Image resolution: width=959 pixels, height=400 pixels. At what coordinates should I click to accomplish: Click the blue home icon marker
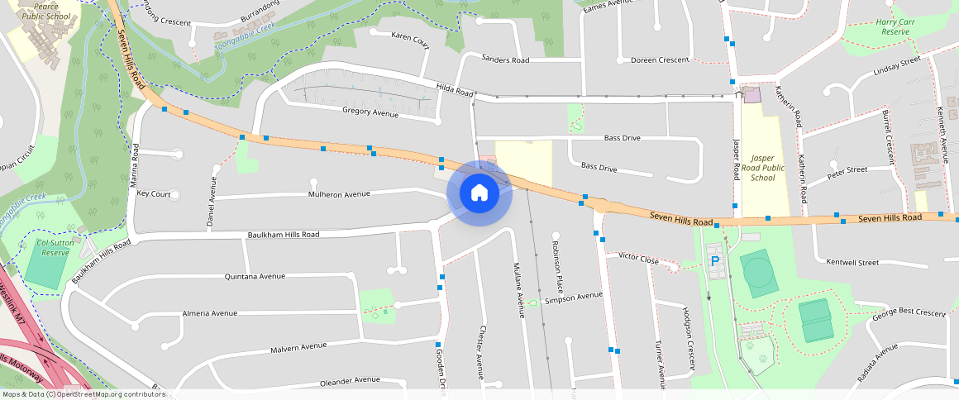[479, 193]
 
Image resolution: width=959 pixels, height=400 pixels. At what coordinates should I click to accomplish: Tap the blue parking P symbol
[715, 261]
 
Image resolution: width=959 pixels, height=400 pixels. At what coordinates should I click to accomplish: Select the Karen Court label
[410, 37]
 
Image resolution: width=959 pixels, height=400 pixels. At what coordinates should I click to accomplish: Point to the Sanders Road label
[505, 60]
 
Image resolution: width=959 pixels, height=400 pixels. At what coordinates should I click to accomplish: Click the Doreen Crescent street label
[660, 60]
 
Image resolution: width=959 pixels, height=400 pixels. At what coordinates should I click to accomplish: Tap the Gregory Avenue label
[370, 112]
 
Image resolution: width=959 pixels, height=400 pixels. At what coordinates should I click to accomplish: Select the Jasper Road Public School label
[762, 167]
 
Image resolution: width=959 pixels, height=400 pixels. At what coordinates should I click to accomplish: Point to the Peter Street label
[847, 170]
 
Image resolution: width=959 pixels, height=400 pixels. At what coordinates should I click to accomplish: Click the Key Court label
[154, 194]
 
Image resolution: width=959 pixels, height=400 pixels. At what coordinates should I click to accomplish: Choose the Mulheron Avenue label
[339, 194]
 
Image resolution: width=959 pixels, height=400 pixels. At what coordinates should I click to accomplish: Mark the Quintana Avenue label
[255, 276]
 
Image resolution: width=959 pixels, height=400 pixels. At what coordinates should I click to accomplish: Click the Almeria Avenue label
[209, 313]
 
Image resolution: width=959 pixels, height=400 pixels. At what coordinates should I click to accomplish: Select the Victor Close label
[639, 258]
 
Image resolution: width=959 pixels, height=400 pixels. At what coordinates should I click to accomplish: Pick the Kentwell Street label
[852, 262]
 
